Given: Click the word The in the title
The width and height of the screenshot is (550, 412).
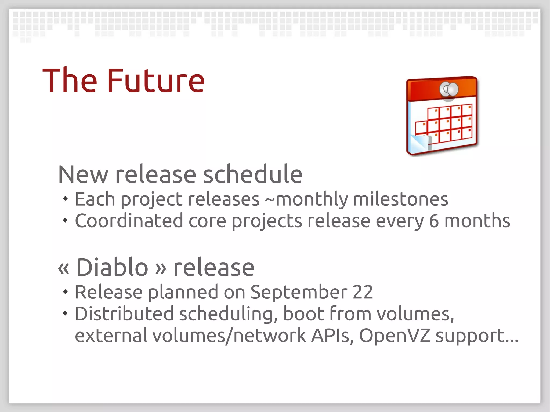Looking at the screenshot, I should tap(70, 81).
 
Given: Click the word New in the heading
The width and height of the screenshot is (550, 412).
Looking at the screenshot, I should tap(83, 174).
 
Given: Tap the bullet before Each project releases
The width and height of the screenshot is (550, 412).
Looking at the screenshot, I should tap(65, 199).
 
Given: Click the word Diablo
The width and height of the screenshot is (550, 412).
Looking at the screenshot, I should tap(112, 267).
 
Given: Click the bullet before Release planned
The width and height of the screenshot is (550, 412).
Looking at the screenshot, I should tap(65, 291).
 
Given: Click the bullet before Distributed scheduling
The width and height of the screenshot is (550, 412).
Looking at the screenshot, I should tap(65, 313).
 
